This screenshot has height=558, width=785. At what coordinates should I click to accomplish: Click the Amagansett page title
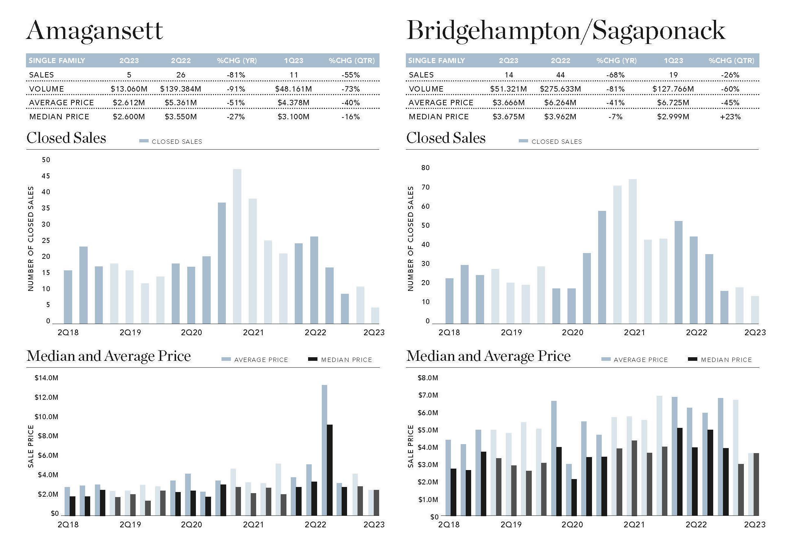(95, 31)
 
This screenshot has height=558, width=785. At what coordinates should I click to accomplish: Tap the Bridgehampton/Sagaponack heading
(565, 31)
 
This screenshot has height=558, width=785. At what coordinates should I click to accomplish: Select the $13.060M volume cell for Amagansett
(129, 89)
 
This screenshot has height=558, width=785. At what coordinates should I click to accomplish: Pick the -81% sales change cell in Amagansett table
(236, 75)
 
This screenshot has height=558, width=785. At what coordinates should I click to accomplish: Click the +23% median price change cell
(730, 117)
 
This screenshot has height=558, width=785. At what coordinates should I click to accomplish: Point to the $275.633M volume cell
(560, 89)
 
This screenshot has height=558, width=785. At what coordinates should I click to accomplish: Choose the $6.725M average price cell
(673, 103)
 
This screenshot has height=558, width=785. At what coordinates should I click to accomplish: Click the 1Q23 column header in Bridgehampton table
(673, 61)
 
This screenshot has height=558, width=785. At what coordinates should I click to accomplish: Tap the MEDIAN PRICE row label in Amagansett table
(59, 117)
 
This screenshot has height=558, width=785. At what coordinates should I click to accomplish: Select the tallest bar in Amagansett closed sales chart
(237, 246)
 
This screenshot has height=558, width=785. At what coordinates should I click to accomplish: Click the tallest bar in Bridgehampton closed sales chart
(632, 251)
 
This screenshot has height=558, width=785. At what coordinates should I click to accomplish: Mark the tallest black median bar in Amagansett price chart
(329, 470)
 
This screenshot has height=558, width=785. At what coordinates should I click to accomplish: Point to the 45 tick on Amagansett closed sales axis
(46, 176)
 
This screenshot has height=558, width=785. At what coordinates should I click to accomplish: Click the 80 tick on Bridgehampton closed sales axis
(425, 168)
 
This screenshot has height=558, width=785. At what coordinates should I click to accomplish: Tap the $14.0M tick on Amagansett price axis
(46, 378)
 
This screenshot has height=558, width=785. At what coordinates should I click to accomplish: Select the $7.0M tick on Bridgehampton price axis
(428, 395)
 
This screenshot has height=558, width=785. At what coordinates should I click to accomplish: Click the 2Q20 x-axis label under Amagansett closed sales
(192, 332)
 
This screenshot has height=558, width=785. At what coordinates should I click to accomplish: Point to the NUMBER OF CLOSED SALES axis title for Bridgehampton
(410, 239)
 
